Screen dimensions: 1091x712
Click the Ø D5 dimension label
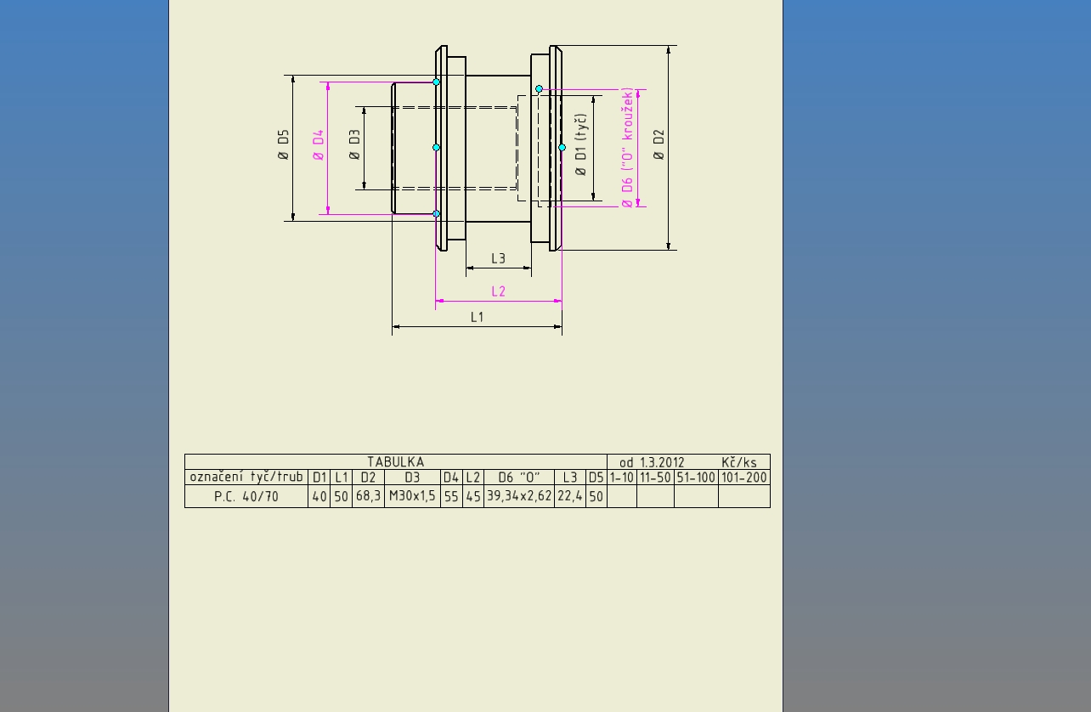coord(283,144)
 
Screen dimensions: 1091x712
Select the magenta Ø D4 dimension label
coord(318,144)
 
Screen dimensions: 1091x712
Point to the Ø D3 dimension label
coord(354,144)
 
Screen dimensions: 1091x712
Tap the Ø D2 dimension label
coord(659,144)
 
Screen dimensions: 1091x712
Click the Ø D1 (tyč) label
coord(580,144)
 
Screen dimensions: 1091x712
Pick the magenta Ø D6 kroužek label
coord(627,148)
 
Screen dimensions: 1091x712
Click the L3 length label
coord(498,258)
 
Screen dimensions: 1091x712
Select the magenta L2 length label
coord(498,291)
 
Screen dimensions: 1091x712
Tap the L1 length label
coord(478,318)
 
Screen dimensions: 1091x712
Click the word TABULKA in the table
coord(395,461)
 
